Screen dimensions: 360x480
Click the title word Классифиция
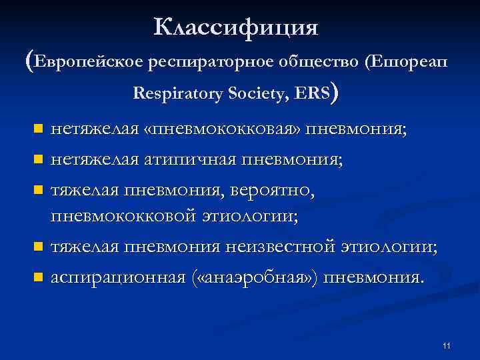click(237, 28)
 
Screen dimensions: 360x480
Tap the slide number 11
click(446, 345)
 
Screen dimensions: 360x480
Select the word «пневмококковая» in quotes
click(222, 129)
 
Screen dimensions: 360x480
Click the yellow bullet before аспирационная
click(39, 276)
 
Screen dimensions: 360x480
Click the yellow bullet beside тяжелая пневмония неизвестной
click(39, 247)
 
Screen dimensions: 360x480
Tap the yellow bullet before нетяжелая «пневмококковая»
click(39, 129)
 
